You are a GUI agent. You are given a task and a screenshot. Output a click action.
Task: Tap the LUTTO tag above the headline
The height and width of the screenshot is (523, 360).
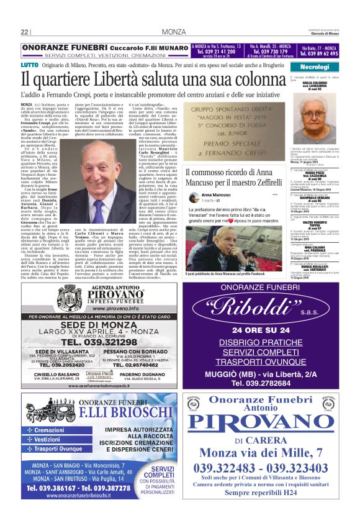[x=29, y=65]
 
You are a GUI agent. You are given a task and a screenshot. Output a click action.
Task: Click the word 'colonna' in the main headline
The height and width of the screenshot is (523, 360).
[x=251, y=80]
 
